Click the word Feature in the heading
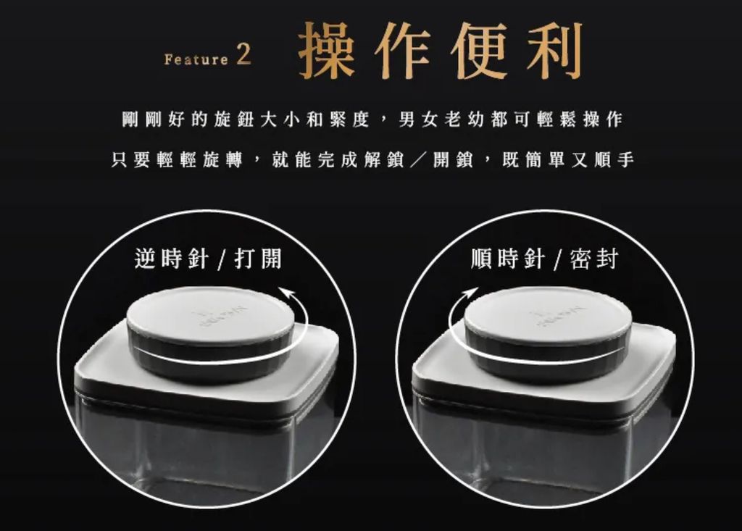[x=196, y=59]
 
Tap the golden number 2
[x=243, y=55]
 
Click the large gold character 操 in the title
[x=328, y=50]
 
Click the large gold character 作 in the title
[x=403, y=50]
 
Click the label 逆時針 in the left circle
[x=171, y=259]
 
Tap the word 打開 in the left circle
[x=259, y=259]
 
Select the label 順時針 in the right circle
[x=508, y=259]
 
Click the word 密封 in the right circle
[x=595, y=259]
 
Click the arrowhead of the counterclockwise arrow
[x=287, y=291]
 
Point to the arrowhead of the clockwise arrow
[x=470, y=291]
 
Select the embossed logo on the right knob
[x=559, y=316]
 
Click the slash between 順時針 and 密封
[x=559, y=260]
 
